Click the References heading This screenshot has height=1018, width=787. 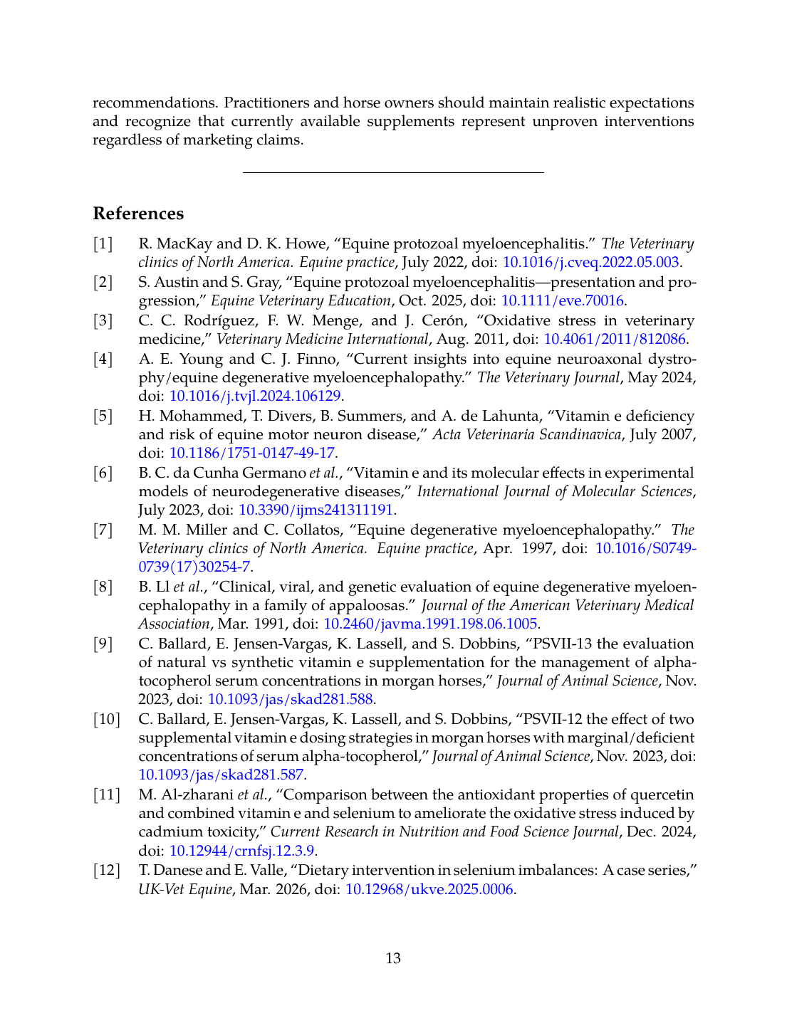point(138,214)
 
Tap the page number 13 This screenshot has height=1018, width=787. point(393,958)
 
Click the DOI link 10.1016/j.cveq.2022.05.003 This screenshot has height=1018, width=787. point(590,262)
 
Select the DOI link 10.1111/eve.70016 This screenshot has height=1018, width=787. point(563,300)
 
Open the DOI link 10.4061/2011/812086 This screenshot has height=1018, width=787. point(615,339)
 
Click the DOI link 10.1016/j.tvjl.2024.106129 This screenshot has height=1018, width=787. point(255,396)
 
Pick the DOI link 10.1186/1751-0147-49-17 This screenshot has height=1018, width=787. point(251,453)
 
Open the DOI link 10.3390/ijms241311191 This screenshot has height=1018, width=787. point(316,510)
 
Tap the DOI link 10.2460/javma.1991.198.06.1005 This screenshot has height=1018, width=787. point(430,624)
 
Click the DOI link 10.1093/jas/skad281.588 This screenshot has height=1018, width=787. point(291,699)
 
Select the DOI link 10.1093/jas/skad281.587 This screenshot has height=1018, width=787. point(221,775)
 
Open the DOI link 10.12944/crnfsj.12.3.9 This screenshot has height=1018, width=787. point(242,850)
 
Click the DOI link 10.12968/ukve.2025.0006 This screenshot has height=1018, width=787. point(429,888)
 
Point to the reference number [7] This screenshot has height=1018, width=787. point(103,530)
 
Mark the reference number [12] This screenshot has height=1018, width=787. point(107,870)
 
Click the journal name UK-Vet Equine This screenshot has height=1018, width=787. point(185,888)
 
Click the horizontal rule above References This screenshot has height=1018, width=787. point(393,172)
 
